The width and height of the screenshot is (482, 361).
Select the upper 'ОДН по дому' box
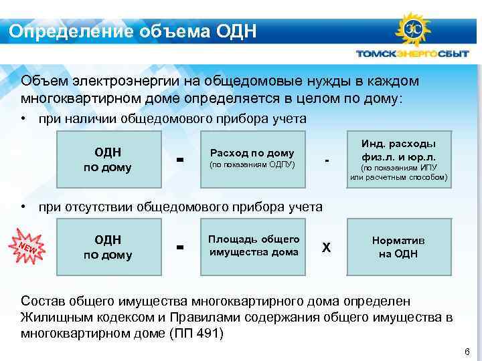click(107, 159)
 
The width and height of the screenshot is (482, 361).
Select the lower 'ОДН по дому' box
click(107, 247)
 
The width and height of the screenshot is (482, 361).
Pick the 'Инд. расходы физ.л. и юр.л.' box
click(398, 160)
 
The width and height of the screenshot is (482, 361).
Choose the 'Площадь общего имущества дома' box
click(254, 247)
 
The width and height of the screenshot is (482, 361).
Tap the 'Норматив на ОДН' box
click(398, 247)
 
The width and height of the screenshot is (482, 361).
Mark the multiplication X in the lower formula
click(326, 247)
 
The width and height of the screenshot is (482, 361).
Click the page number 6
click(467, 352)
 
